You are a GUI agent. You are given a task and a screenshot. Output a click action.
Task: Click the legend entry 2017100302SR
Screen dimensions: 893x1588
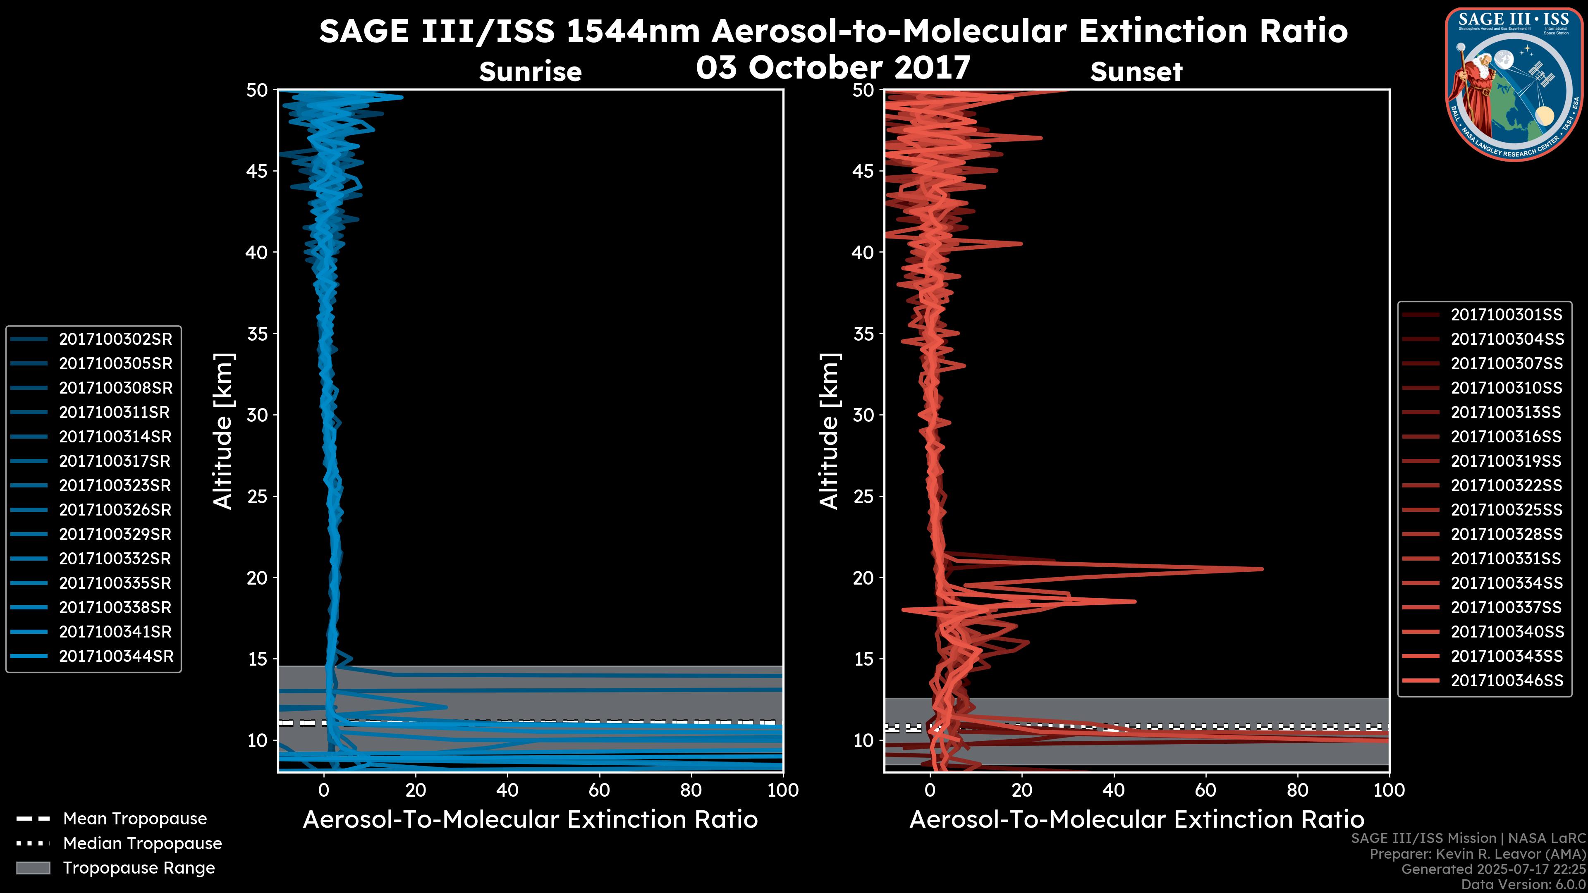(x=115, y=339)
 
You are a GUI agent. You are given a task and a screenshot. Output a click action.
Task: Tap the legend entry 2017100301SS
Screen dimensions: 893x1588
(x=1506, y=315)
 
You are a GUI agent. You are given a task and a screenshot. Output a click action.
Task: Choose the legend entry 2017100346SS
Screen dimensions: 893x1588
(x=1507, y=680)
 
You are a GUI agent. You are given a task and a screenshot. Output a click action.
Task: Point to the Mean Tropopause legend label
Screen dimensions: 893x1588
(x=135, y=819)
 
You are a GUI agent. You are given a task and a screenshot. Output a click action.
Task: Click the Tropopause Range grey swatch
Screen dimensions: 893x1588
(x=33, y=868)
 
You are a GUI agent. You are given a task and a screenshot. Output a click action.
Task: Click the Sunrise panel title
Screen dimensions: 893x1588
(x=530, y=72)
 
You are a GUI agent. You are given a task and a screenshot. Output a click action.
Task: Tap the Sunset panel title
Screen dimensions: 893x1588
(x=1136, y=72)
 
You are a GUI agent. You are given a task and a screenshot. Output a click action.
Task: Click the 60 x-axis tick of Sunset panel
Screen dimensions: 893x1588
(x=1205, y=790)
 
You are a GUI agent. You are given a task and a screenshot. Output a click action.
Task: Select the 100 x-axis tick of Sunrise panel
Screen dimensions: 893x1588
(x=782, y=790)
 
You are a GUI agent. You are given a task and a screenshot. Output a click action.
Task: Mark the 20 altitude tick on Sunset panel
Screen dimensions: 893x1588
(x=863, y=578)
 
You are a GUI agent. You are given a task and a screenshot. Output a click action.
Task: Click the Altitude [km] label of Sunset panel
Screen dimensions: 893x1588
(x=829, y=431)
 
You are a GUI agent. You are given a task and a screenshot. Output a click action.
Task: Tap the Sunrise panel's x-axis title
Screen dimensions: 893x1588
(x=530, y=820)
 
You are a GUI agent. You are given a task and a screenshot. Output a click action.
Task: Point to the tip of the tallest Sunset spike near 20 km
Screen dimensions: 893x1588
(x=1262, y=569)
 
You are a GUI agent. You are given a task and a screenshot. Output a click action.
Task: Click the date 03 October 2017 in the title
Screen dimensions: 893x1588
(x=833, y=68)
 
